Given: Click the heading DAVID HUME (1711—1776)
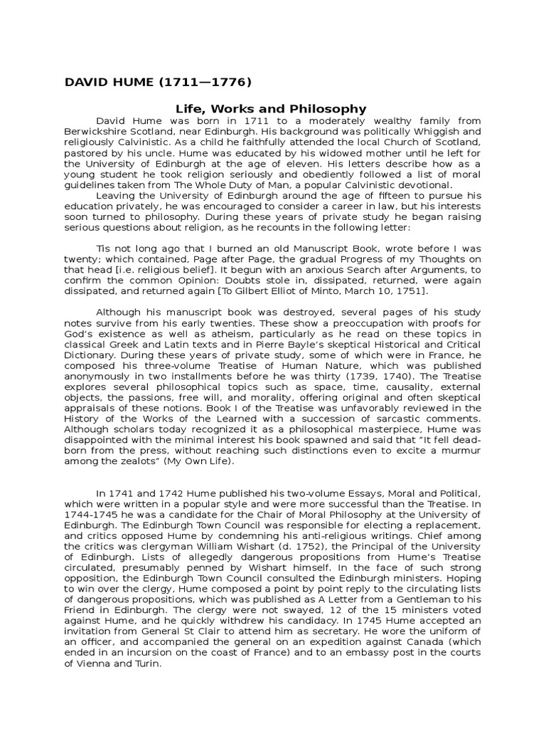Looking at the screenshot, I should [158, 82].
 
